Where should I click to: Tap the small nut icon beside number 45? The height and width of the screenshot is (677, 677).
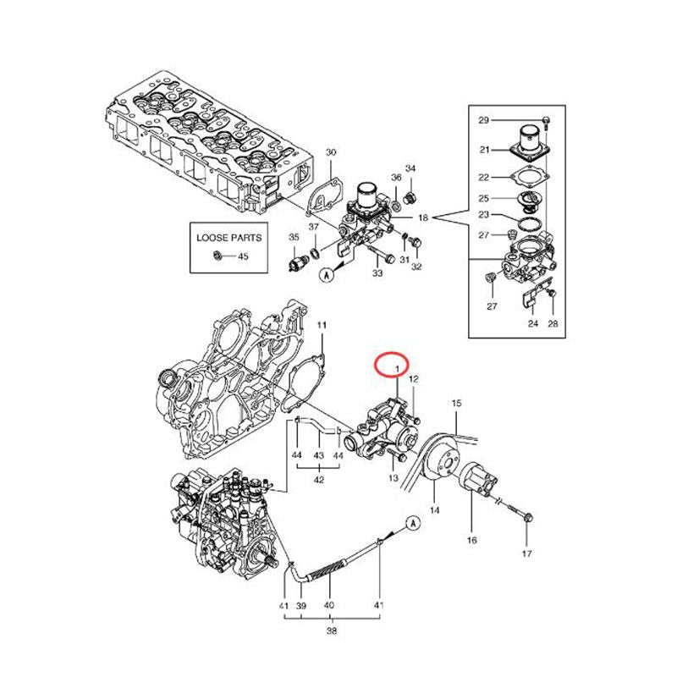[x=218, y=255]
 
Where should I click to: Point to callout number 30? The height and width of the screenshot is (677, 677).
[x=332, y=152]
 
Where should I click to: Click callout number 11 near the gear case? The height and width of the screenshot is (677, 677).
[x=322, y=325]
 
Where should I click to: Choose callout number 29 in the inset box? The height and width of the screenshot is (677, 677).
[x=483, y=120]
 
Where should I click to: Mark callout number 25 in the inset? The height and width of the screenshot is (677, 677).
[x=483, y=198]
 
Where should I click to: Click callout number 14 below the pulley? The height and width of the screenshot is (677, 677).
[x=434, y=510]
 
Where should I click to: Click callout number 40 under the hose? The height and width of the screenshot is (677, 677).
[x=329, y=606]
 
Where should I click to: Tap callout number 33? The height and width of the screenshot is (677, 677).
[x=377, y=272]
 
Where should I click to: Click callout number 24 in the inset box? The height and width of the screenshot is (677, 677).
[x=533, y=323]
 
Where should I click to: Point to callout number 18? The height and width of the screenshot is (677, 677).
[x=423, y=218]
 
